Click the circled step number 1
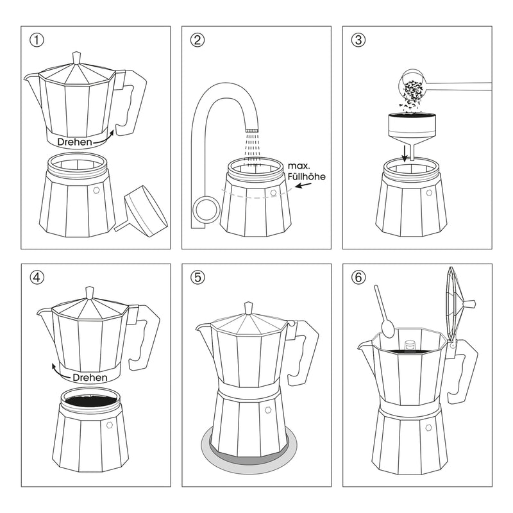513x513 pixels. pos(37,40)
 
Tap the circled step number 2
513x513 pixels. pos(198,40)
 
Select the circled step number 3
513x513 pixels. pos(358,40)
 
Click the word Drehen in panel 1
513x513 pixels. pos(74,141)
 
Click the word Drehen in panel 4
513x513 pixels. pos(90,378)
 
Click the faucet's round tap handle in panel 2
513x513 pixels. pos(205,209)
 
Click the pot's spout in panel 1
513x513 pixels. pos(31,78)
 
